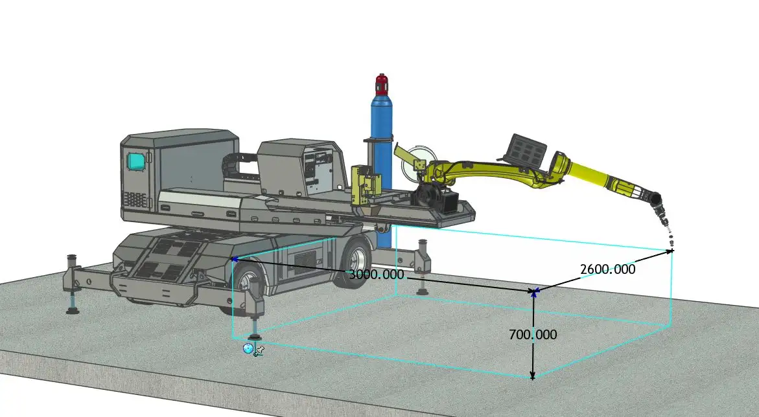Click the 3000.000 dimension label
click(x=377, y=275)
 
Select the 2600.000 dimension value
click(x=607, y=269)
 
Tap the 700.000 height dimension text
click(x=532, y=335)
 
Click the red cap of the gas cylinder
click(x=382, y=84)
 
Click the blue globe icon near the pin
click(x=248, y=348)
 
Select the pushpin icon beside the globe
click(x=259, y=350)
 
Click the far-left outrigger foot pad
click(x=73, y=310)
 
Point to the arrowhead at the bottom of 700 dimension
click(x=533, y=375)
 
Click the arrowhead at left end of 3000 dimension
click(x=235, y=259)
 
